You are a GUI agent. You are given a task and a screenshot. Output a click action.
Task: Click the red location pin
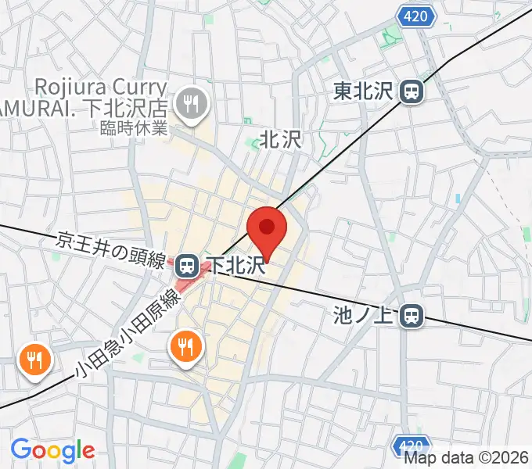tap(267, 229)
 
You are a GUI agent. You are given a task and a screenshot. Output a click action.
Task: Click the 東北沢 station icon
tap(411, 92)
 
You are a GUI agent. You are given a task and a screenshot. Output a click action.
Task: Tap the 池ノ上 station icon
tap(412, 316)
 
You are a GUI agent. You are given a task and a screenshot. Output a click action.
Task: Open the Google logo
tap(52, 450)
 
